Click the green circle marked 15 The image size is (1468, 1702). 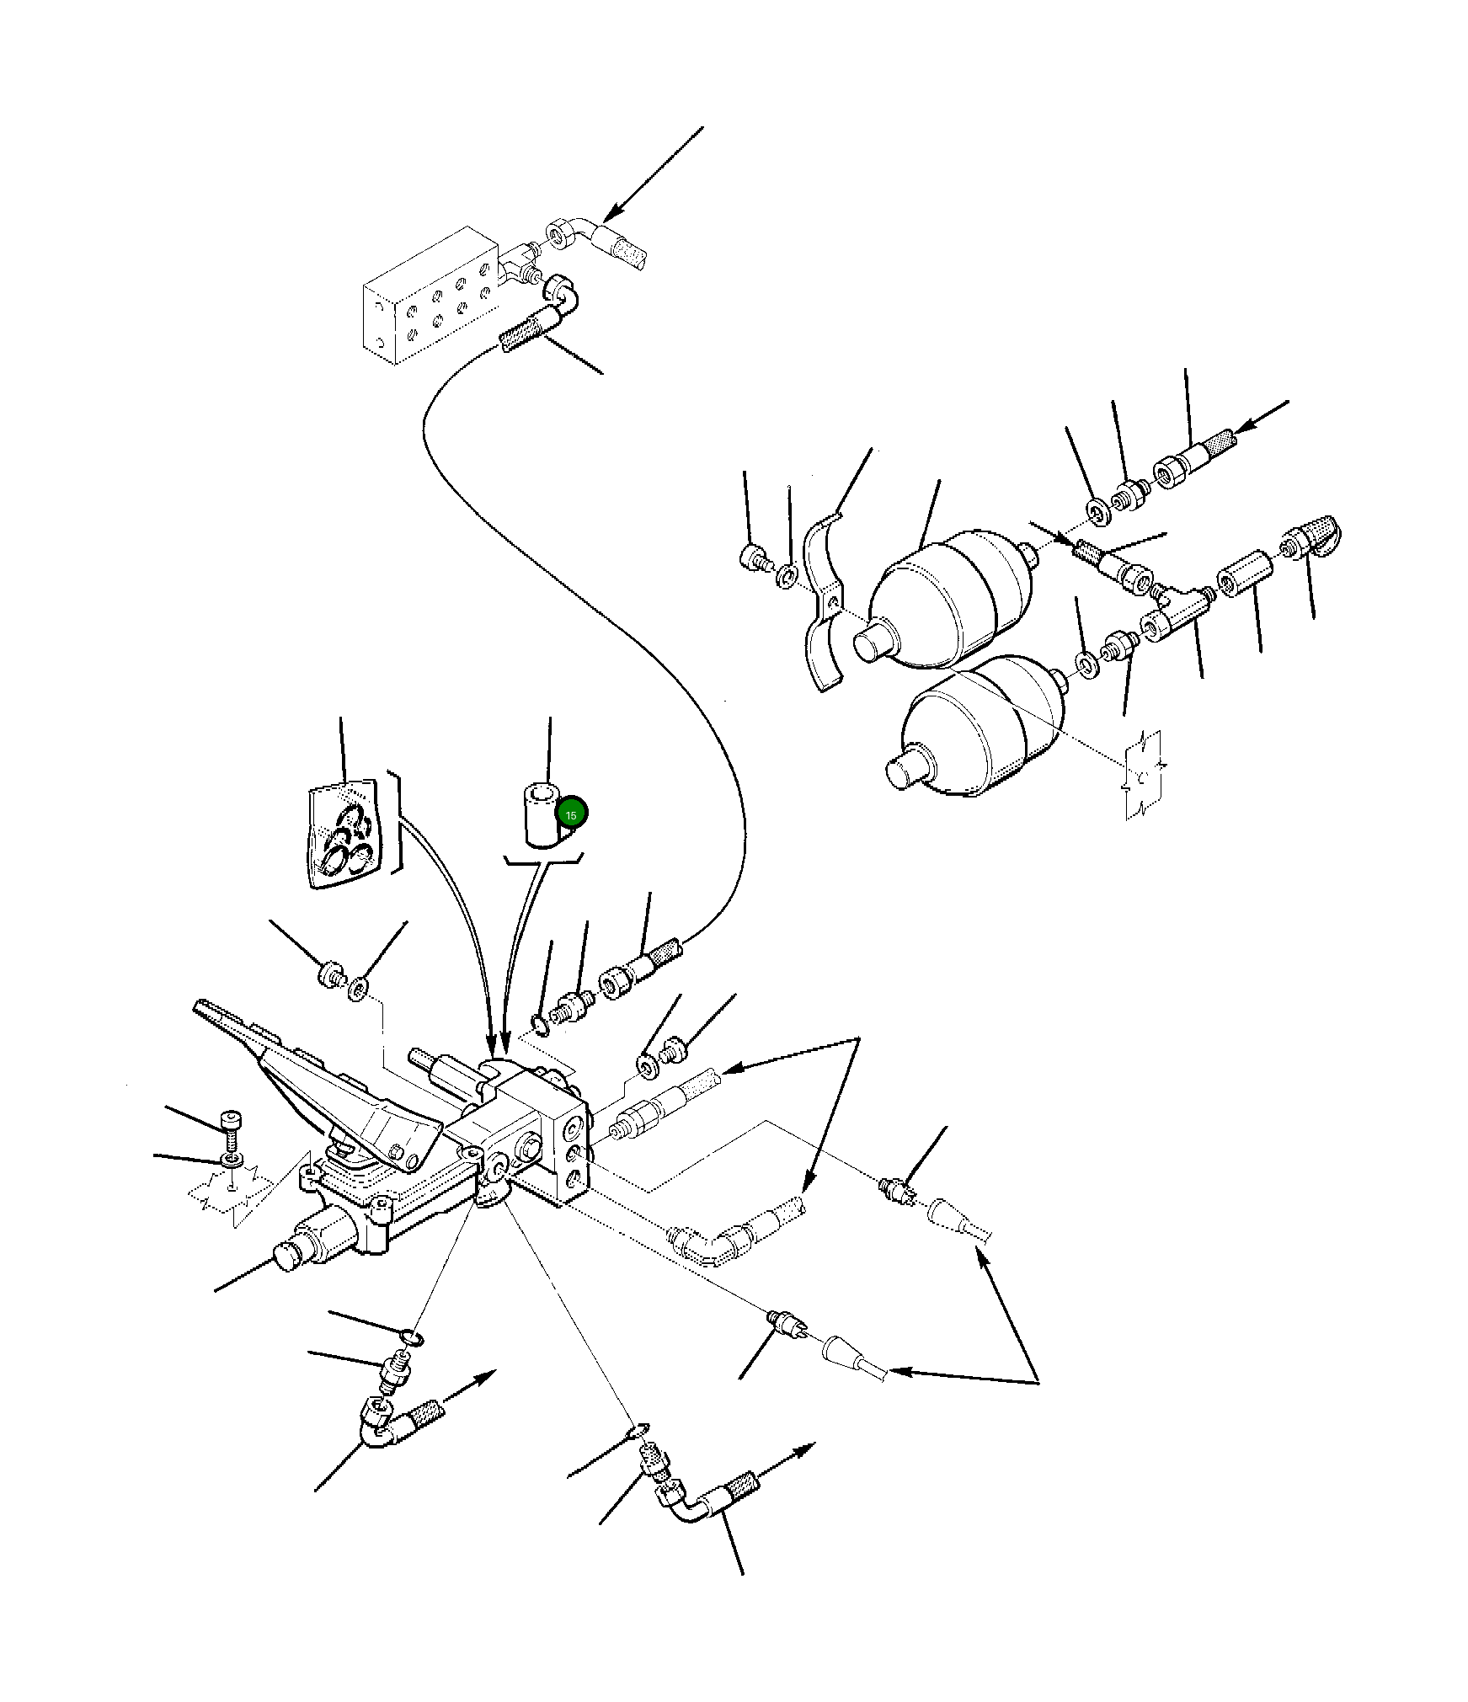point(572,813)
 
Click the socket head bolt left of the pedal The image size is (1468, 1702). point(232,1129)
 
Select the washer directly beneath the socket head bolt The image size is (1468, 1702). point(232,1161)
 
